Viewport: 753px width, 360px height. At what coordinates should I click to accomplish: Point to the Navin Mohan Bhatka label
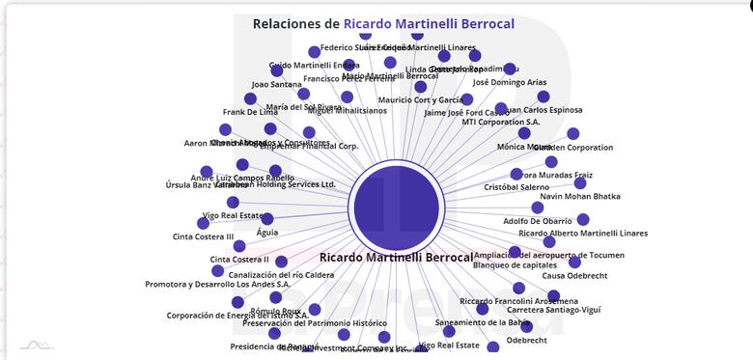coord(579,197)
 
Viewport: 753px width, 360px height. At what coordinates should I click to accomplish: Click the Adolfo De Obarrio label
coord(538,222)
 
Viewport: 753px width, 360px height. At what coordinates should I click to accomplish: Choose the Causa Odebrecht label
coord(574,276)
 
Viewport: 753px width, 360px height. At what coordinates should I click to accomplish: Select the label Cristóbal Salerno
coord(516,187)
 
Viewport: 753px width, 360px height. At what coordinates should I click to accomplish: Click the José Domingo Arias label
coord(509,83)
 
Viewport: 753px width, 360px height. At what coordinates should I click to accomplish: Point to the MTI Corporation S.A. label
coord(501,123)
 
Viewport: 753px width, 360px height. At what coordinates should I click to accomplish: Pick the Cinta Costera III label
coord(203,236)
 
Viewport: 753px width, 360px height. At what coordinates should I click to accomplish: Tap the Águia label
coord(267,233)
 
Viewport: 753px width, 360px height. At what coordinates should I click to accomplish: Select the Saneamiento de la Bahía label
coord(483,322)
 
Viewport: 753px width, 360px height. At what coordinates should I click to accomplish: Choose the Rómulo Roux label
coord(275,311)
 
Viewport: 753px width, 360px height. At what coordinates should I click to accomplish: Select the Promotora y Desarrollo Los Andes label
coord(217,285)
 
